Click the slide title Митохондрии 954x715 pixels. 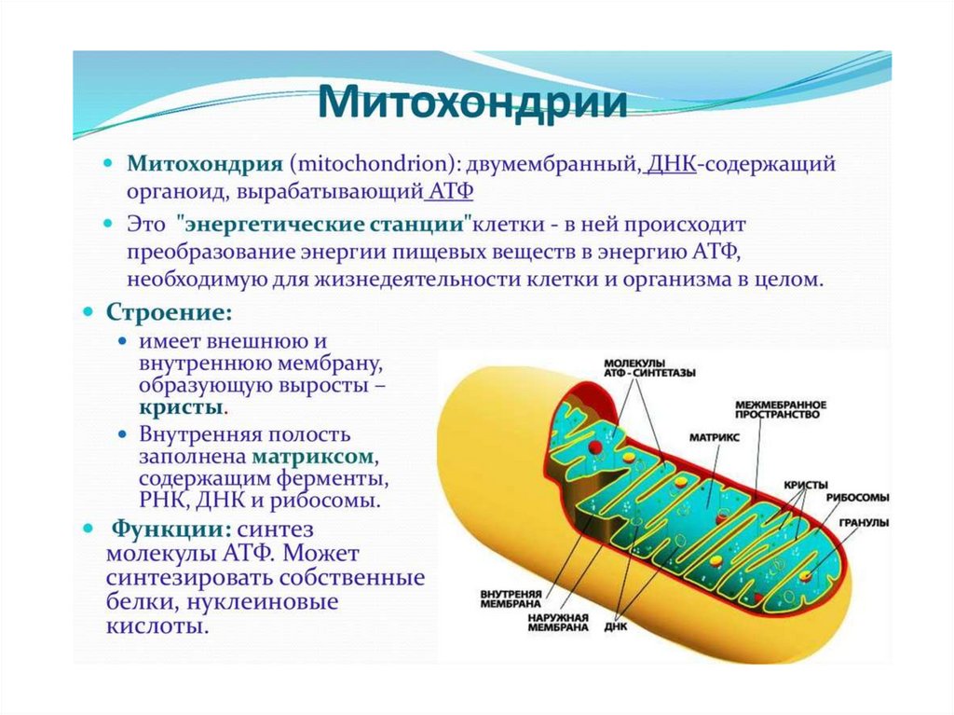click(474, 103)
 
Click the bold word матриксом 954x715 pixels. click(312, 458)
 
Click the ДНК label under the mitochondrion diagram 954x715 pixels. click(615, 626)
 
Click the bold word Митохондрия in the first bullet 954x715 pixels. click(204, 165)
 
